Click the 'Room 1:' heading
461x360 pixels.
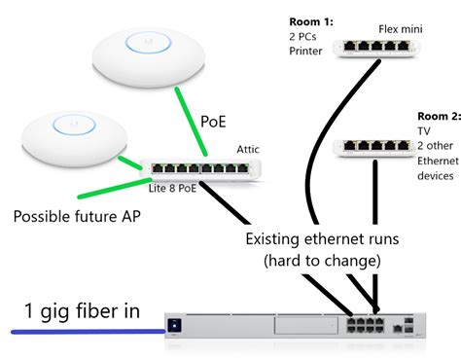click(x=311, y=20)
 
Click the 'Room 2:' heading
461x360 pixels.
click(x=437, y=113)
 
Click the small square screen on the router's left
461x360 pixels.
click(x=175, y=323)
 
